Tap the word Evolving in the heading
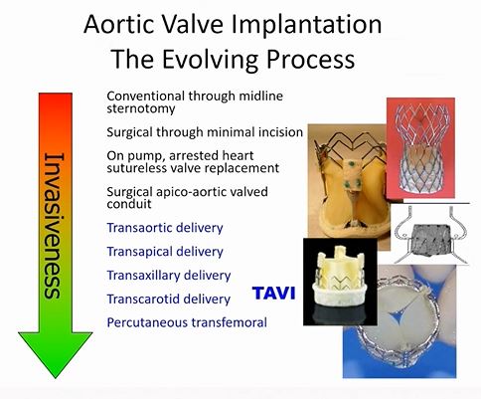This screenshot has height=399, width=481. (210, 59)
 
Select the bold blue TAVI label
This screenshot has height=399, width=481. (273, 294)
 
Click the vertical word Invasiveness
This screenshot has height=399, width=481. (54, 226)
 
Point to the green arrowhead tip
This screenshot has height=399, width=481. (56, 378)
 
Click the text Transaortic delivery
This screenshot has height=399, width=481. (165, 228)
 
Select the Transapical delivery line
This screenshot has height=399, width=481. (165, 252)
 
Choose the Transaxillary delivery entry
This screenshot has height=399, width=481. (169, 276)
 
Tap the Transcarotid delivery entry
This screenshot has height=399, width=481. (168, 299)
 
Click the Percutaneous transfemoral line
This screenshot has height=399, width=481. (187, 322)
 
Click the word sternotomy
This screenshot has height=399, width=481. (141, 108)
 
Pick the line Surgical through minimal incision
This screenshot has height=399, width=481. (205, 132)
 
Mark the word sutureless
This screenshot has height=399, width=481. (135, 168)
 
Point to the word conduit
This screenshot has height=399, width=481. (129, 204)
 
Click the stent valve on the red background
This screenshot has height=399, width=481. (420, 148)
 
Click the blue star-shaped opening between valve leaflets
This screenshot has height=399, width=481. (399, 314)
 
